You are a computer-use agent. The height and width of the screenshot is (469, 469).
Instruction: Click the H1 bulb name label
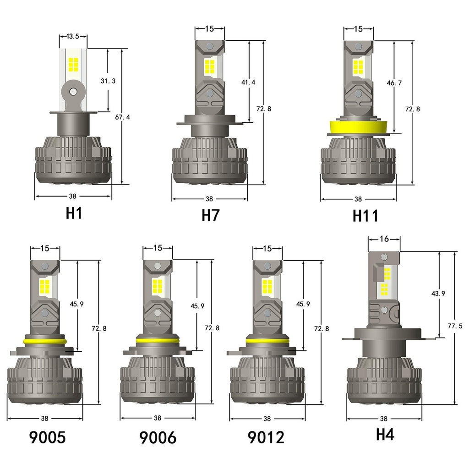(73, 213)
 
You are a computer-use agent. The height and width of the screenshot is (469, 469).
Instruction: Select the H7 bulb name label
(210, 215)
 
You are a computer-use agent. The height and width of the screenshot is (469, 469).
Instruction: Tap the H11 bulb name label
(365, 216)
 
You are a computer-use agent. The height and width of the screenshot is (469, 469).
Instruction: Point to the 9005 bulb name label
(47, 437)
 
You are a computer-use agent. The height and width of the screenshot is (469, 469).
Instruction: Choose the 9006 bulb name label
(158, 437)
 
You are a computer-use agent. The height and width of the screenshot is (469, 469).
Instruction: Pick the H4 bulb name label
(385, 434)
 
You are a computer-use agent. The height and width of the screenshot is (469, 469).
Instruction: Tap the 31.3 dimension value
(108, 81)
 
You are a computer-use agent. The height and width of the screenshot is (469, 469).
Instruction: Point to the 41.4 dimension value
(248, 82)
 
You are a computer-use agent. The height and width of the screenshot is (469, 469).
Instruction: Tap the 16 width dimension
(384, 239)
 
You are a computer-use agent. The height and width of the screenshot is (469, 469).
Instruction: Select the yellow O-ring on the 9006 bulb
(158, 342)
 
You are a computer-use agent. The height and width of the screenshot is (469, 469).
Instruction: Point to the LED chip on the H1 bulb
(73, 64)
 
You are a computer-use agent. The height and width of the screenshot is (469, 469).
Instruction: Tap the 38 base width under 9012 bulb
(267, 419)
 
